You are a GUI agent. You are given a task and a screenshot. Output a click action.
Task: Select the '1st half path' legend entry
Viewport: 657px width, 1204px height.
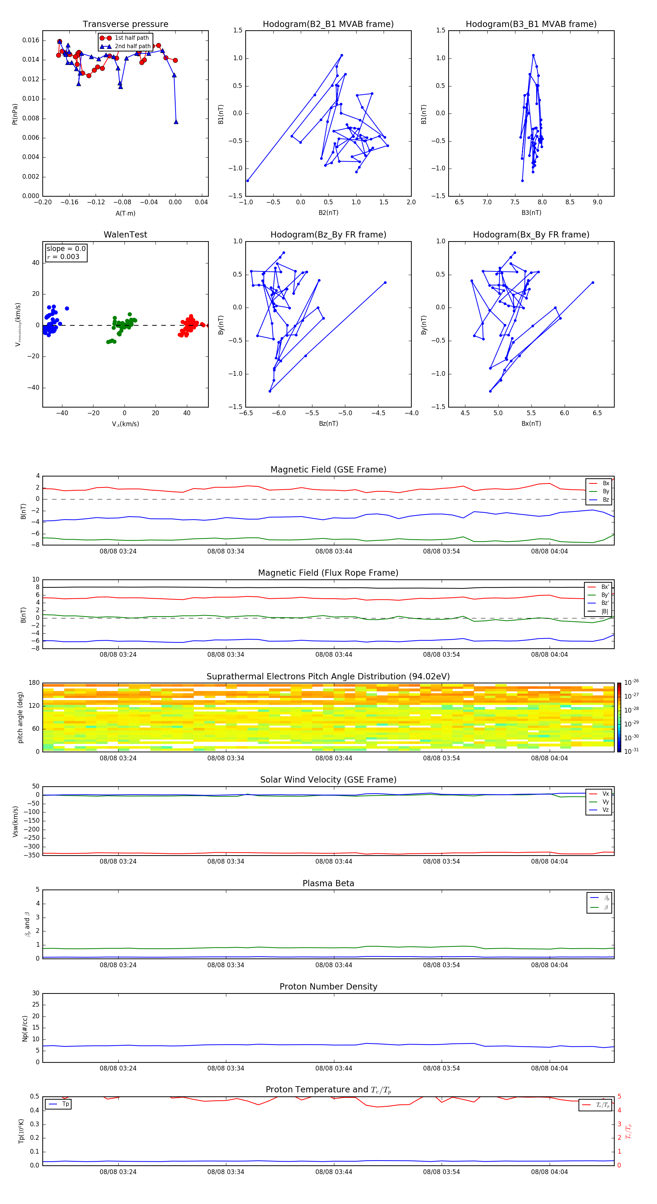tap(131, 38)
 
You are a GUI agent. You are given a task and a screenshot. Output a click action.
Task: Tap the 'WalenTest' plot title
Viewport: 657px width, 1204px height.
tap(125, 235)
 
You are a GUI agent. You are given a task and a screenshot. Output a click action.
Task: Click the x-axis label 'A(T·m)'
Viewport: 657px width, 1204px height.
tap(125, 213)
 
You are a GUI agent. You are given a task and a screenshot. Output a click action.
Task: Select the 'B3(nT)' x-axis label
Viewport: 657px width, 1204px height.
tap(531, 213)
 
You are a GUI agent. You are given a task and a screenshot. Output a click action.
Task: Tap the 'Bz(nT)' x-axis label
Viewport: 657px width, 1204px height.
tap(328, 424)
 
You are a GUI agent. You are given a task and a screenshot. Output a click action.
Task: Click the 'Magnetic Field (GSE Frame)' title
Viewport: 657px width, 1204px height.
tap(328, 470)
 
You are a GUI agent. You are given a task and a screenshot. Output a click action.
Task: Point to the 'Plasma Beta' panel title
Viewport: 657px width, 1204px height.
tap(328, 883)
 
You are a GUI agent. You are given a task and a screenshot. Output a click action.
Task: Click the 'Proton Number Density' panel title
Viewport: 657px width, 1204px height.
tap(328, 987)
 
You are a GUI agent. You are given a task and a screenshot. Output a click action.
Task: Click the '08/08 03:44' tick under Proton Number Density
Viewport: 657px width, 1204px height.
tap(333, 1068)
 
